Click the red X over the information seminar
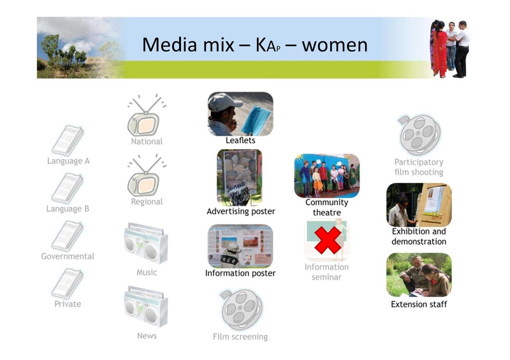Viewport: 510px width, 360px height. [327, 240]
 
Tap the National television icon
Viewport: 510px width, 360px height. [146, 117]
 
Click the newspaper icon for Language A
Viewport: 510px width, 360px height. [68, 140]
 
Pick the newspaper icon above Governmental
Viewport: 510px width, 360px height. [68, 236]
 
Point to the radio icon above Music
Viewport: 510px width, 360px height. [146, 244]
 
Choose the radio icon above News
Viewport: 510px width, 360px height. [146, 307]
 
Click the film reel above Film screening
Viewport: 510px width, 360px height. [240, 310]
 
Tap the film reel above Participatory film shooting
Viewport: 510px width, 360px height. [419, 135]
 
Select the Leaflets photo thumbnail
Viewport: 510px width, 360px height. [240, 113]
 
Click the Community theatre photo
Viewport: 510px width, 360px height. [327, 175]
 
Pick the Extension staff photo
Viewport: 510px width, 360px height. [419, 275]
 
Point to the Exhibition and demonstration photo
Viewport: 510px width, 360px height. [419, 205]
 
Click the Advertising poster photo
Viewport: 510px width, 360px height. [240, 176]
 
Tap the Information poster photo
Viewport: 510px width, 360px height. [240, 246]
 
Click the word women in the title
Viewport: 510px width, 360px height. [335, 45]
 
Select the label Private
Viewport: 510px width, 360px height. [68, 304]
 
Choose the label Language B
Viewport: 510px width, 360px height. [68, 208]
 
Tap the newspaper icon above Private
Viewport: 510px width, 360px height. [68, 283]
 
